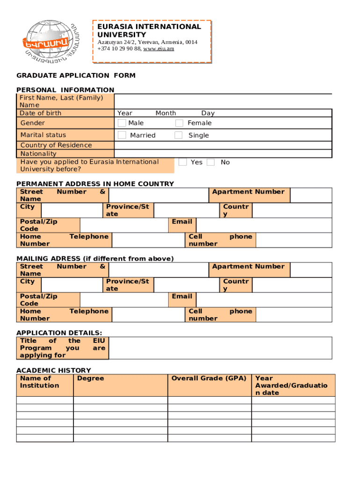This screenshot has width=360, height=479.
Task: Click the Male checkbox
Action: tap(122, 123)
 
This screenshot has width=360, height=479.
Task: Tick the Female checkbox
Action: tap(179, 123)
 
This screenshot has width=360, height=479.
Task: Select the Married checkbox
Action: tap(122, 135)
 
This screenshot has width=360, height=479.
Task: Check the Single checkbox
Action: tap(179, 135)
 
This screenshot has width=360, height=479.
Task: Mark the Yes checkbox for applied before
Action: tap(183, 162)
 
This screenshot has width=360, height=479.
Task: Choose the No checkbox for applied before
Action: tap(211, 162)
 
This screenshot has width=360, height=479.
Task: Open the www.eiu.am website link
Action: tap(158, 49)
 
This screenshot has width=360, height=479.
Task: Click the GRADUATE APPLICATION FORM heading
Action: tap(76, 75)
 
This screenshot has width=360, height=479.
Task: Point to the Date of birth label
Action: tap(40, 113)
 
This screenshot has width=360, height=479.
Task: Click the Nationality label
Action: tap(38, 153)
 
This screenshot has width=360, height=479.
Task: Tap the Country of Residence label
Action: tap(56, 145)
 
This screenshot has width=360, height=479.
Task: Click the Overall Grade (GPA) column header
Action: tap(209, 378)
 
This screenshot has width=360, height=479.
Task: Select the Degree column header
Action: tap(91, 378)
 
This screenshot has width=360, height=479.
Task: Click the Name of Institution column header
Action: tap(39, 382)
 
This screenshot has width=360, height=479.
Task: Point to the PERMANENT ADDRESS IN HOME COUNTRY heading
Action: tap(95, 184)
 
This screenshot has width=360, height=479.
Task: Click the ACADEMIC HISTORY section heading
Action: tap(54, 370)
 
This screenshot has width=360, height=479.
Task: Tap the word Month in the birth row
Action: tap(166, 113)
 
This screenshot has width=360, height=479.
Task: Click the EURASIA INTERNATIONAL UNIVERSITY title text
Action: tap(149, 30)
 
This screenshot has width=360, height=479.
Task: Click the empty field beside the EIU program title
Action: tap(220, 348)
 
